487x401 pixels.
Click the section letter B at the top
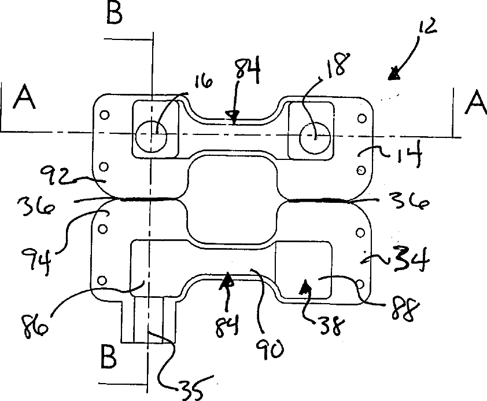click(115, 14)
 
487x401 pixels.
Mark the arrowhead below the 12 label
click(395, 74)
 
